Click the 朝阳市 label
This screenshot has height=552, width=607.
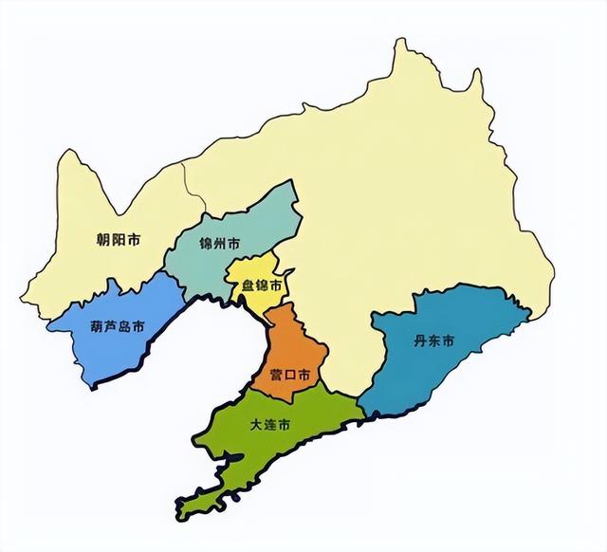click(x=119, y=241)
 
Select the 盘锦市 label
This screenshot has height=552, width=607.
click(x=262, y=285)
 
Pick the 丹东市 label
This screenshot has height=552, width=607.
click(x=434, y=340)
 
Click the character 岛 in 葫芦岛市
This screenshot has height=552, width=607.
click(x=125, y=327)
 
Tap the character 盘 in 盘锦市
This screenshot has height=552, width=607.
click(x=248, y=285)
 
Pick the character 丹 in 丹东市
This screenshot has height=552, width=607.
click(x=421, y=340)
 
